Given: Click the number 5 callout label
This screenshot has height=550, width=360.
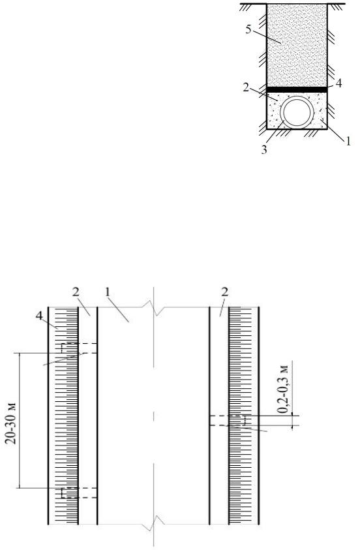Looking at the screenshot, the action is [248, 29].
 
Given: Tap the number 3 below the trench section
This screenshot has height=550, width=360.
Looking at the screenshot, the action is [264, 150].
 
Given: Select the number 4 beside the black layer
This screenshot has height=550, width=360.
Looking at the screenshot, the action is [338, 84].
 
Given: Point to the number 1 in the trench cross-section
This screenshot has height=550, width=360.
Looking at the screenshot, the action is [348, 142].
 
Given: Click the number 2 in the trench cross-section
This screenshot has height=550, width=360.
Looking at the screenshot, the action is [246, 87].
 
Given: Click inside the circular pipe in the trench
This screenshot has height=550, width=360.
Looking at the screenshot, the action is [297, 113].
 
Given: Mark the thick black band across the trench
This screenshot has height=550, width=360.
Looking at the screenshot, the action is [297, 90].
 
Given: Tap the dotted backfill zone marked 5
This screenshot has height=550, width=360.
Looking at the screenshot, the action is [297, 45].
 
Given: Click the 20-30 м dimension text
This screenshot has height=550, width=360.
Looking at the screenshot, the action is [12, 424].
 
